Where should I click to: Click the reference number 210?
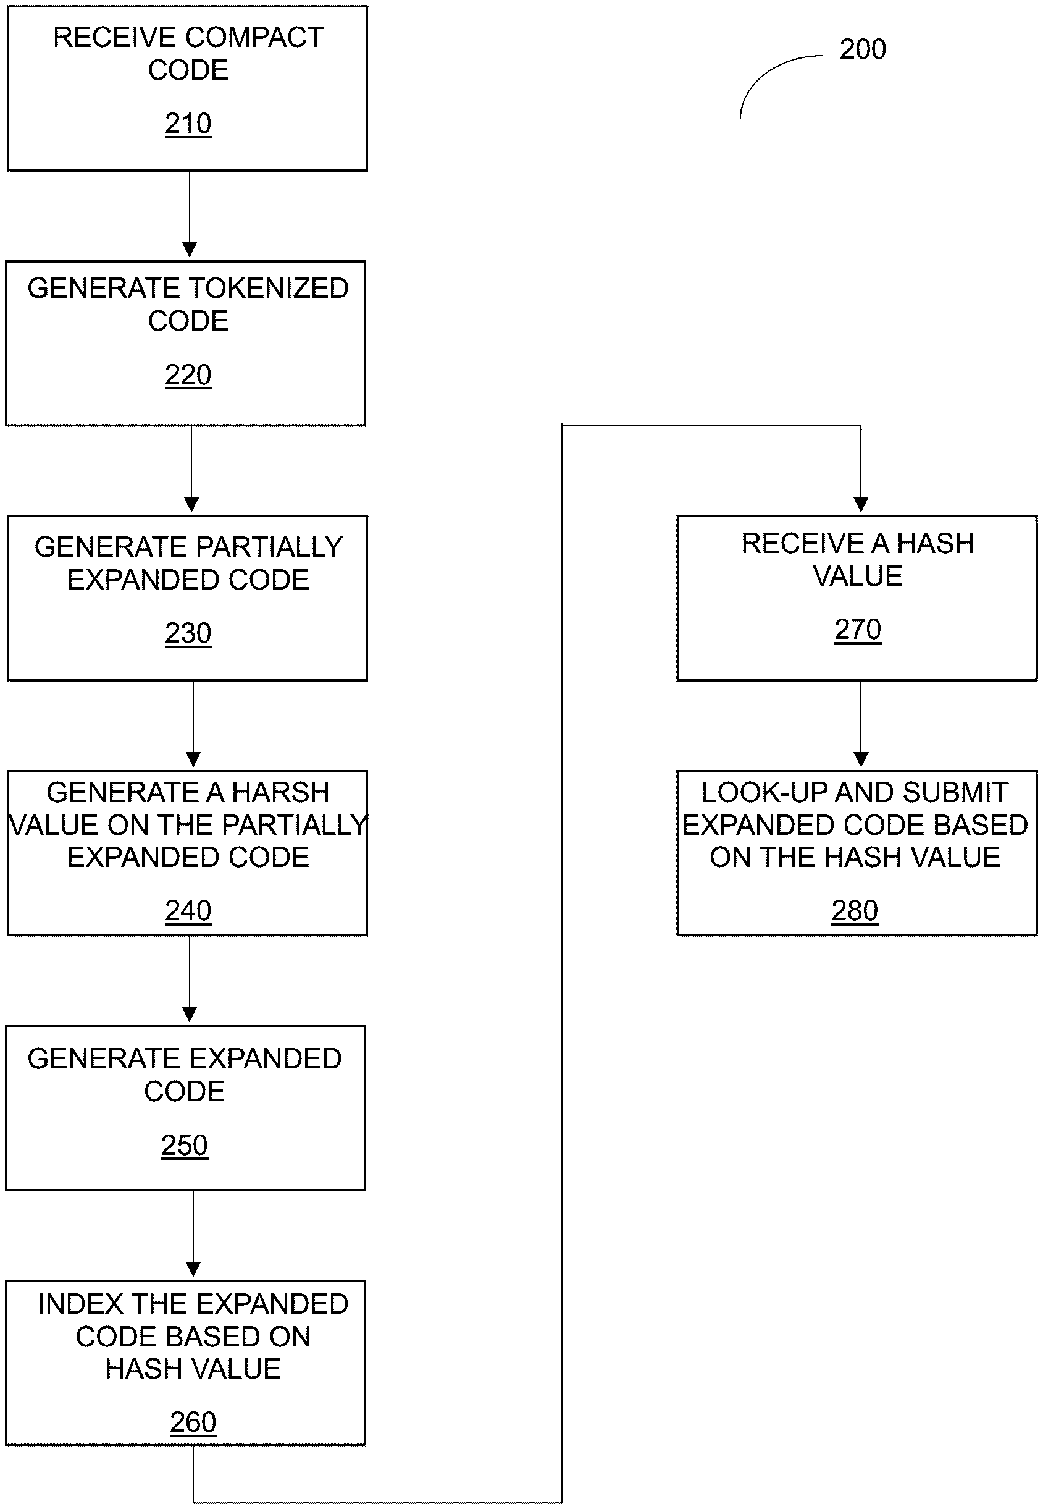tap(188, 124)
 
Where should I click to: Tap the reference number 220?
tap(188, 375)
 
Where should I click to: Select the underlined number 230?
tap(188, 633)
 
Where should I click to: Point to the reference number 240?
tap(188, 910)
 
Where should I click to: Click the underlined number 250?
tap(184, 1145)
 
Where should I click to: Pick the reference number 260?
tap(193, 1421)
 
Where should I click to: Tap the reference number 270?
tap(857, 630)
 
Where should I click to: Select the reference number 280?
tap(854, 910)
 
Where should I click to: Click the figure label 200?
tap(863, 49)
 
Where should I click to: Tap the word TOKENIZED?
tap(268, 289)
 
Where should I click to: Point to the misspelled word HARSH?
tap(280, 792)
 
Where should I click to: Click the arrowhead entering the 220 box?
tap(190, 250)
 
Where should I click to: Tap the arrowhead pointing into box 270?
tap(861, 505)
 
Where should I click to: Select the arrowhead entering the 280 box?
tap(861, 759)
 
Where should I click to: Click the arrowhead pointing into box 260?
tap(193, 1269)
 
